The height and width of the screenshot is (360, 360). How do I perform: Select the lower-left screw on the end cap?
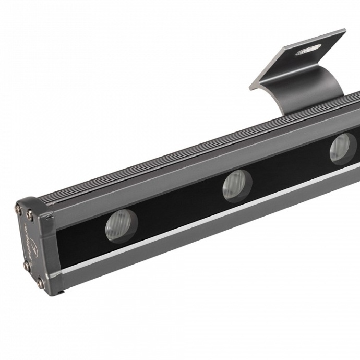[x=26, y=266]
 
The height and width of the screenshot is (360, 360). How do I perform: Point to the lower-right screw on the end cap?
[x=40, y=283]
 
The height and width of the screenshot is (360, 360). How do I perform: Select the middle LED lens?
[x=237, y=186]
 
